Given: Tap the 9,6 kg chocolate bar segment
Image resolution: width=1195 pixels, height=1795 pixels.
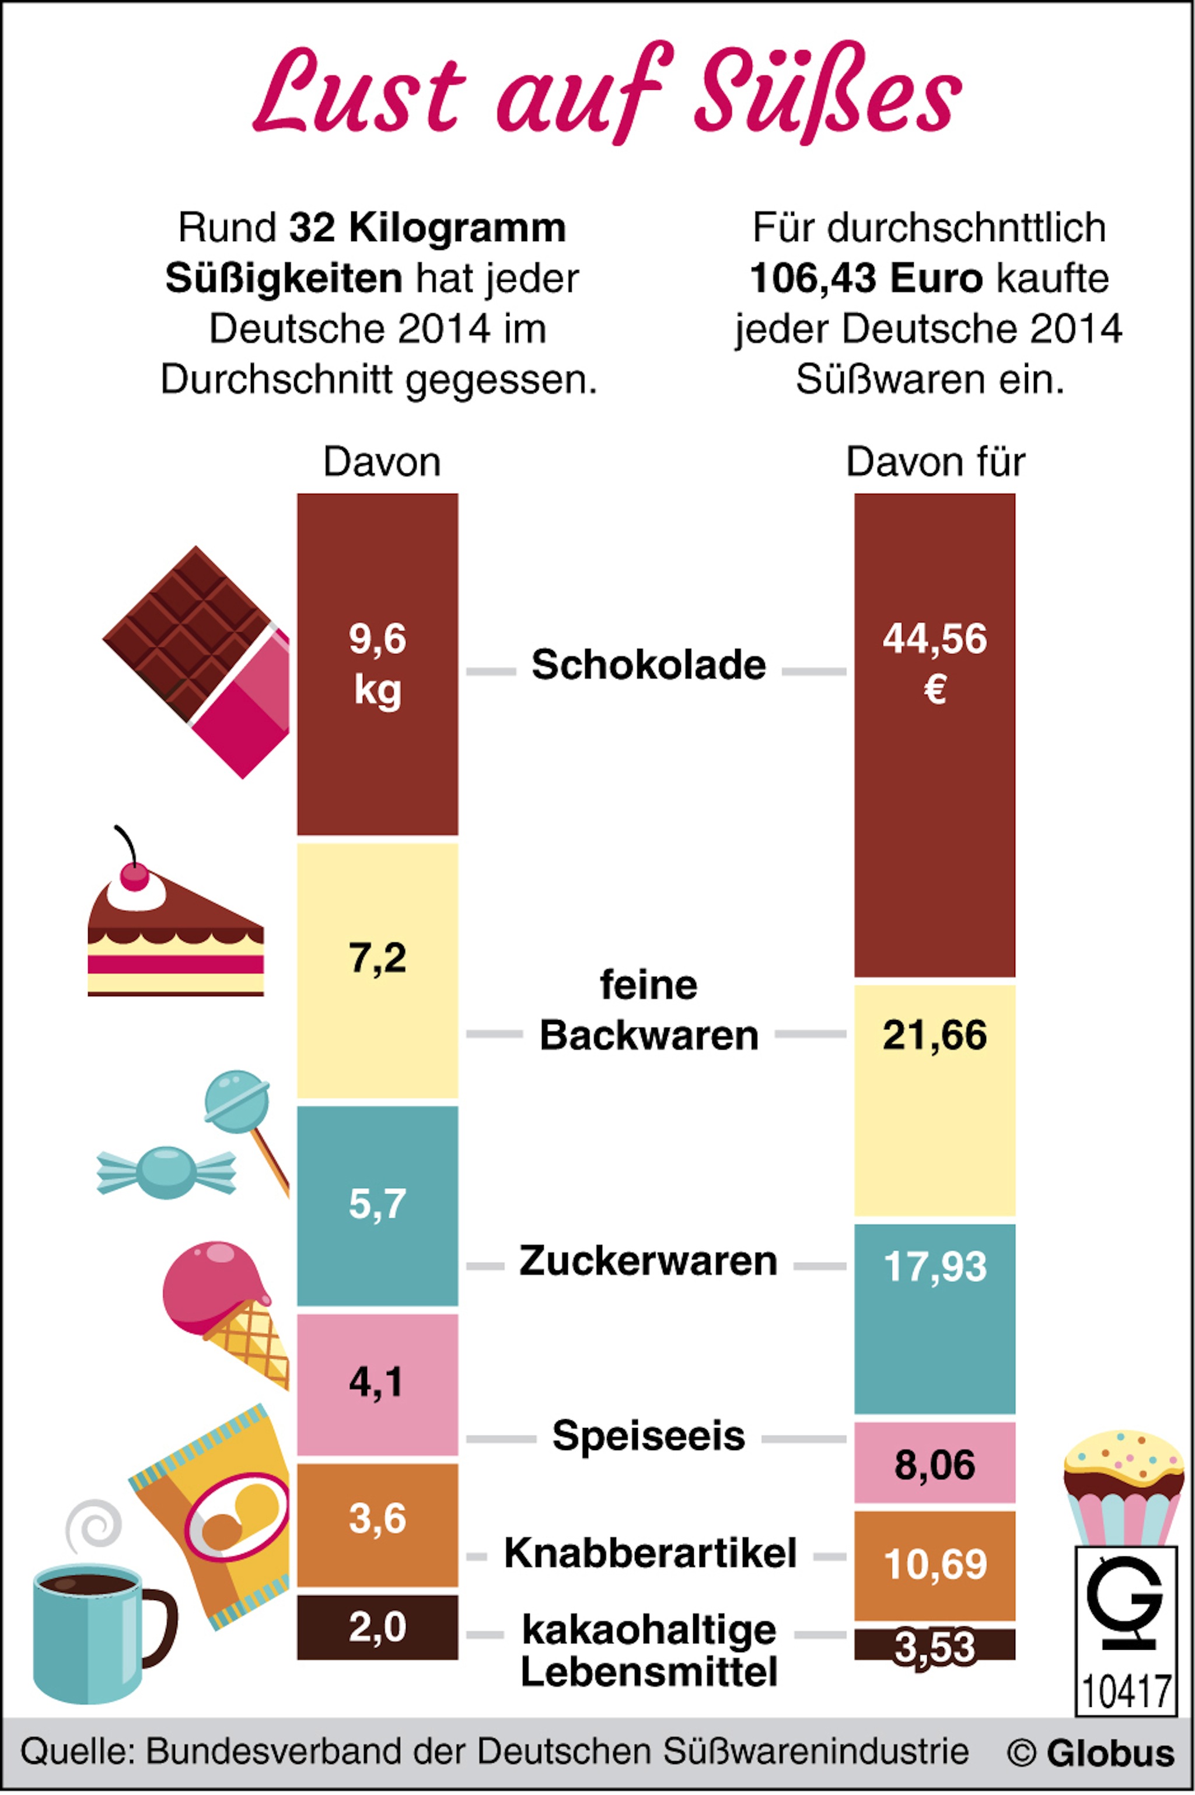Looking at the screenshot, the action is pyautogui.click(x=378, y=664).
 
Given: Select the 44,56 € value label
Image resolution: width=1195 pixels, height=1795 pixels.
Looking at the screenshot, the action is pyautogui.click(x=935, y=663).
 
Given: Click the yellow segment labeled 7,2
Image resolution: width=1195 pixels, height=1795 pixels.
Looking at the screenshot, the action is pyautogui.click(x=378, y=970).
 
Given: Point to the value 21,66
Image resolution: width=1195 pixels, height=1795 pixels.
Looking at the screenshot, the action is pyautogui.click(x=935, y=1035).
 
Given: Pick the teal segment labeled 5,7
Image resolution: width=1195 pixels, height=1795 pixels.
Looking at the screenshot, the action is pyautogui.click(x=378, y=1206).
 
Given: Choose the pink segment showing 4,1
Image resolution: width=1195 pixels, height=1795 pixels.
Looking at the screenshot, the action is pyautogui.click(x=378, y=1384).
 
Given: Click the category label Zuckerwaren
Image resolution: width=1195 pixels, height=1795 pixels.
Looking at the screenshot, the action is pyautogui.click(x=649, y=1262).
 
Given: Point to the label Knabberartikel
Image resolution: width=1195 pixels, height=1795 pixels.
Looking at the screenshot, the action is pyautogui.click(x=650, y=1553).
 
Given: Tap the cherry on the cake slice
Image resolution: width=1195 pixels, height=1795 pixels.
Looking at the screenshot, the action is pyautogui.click(x=135, y=876).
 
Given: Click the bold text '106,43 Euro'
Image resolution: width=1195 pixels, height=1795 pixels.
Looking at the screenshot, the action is pyautogui.click(x=866, y=278).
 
